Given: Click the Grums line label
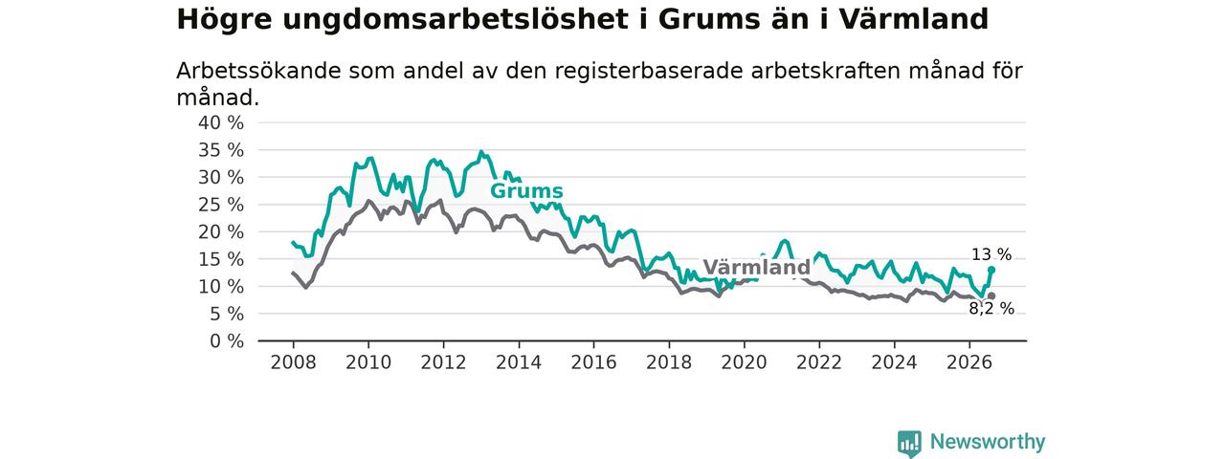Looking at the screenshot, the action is (526, 191).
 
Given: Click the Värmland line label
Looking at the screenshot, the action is (756, 267).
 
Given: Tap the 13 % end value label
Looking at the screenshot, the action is (991, 254).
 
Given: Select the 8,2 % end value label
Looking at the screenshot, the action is (991, 309).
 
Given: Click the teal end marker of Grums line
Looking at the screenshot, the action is (991, 270).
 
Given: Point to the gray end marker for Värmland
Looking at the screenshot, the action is (991, 296).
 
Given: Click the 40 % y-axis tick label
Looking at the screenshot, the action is (221, 123).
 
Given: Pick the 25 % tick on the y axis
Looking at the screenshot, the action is (221, 205).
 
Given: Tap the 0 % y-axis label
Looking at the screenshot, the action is (227, 341).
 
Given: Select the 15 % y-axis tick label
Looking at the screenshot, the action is (221, 259).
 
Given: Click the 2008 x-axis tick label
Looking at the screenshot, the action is (293, 362).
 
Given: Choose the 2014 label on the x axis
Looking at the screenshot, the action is (519, 362).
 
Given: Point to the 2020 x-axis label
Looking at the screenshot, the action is (744, 362).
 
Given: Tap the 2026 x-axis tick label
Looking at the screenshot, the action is (969, 362).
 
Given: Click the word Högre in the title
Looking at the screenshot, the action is (224, 20).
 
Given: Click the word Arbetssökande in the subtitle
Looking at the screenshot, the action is (258, 71).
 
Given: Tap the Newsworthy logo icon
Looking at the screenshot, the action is (909, 443).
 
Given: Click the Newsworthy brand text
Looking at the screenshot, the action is (988, 442).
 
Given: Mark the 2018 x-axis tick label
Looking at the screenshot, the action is (669, 362).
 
